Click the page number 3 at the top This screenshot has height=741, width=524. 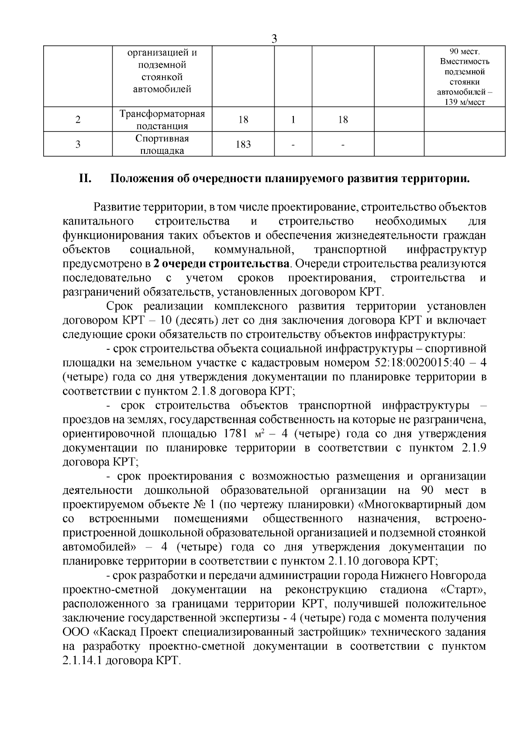click(x=274, y=38)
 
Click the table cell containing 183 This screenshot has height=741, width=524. click(x=243, y=144)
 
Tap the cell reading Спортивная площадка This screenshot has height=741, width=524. click(x=162, y=145)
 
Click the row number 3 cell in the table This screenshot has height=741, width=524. click(x=78, y=145)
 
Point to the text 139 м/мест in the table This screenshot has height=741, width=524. click(x=465, y=102)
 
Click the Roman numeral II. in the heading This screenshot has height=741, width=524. click(x=85, y=179)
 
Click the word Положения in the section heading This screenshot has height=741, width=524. click(x=139, y=179)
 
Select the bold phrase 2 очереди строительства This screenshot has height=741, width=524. click(x=221, y=264)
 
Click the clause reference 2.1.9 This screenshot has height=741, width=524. click(x=474, y=448)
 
